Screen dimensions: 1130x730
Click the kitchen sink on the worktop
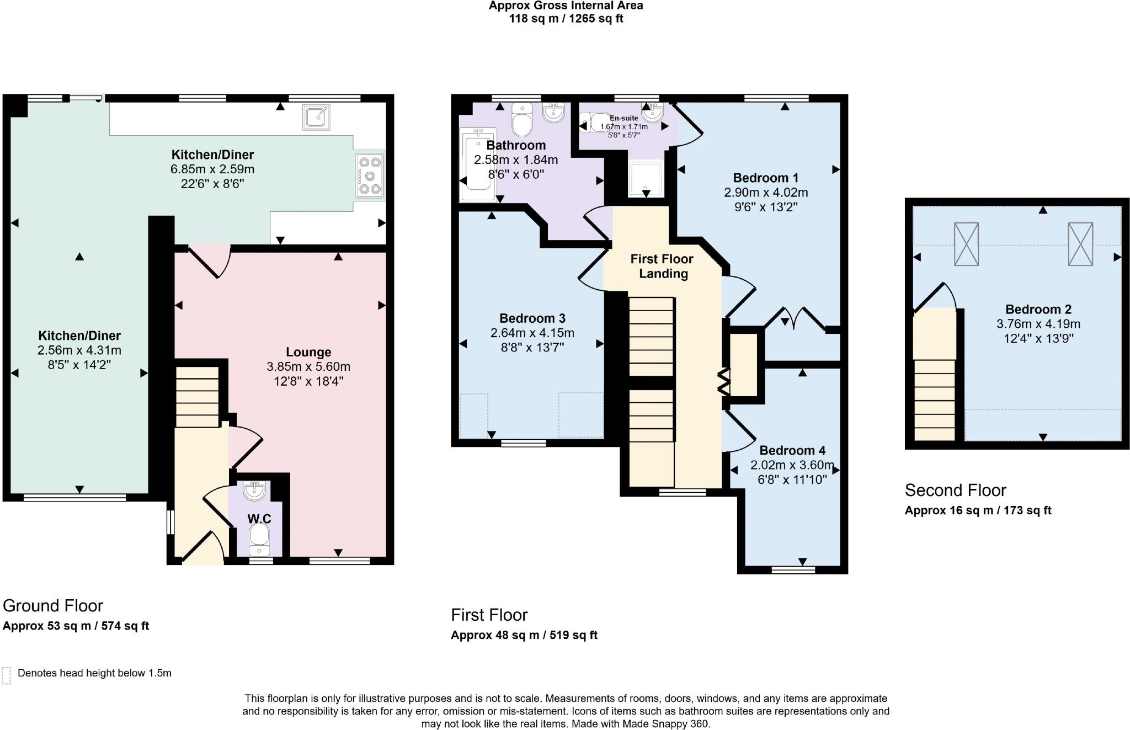coord(316,117)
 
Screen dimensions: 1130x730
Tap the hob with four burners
coord(370,176)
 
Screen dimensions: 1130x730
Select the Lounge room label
coord(308,352)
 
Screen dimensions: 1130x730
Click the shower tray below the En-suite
coord(645,178)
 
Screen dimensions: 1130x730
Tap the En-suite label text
coord(624,118)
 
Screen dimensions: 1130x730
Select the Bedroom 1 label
coord(766,178)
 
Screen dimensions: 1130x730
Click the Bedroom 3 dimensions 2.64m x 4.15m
coord(532,333)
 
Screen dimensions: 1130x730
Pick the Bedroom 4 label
coord(792,450)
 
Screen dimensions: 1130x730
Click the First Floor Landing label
coord(662,266)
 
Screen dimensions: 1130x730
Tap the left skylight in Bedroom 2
coord(966,244)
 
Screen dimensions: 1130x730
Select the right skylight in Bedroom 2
coord(1080,244)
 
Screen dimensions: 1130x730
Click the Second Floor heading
coord(956,490)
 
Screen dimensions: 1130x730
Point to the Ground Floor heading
coord(53,606)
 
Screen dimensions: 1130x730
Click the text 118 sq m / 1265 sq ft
coord(566,19)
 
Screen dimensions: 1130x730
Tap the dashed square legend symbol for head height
coord(7,675)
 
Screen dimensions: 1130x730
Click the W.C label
coord(259,519)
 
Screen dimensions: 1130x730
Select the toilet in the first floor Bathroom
coord(521,119)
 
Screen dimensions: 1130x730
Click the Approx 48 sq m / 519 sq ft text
coord(524,635)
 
